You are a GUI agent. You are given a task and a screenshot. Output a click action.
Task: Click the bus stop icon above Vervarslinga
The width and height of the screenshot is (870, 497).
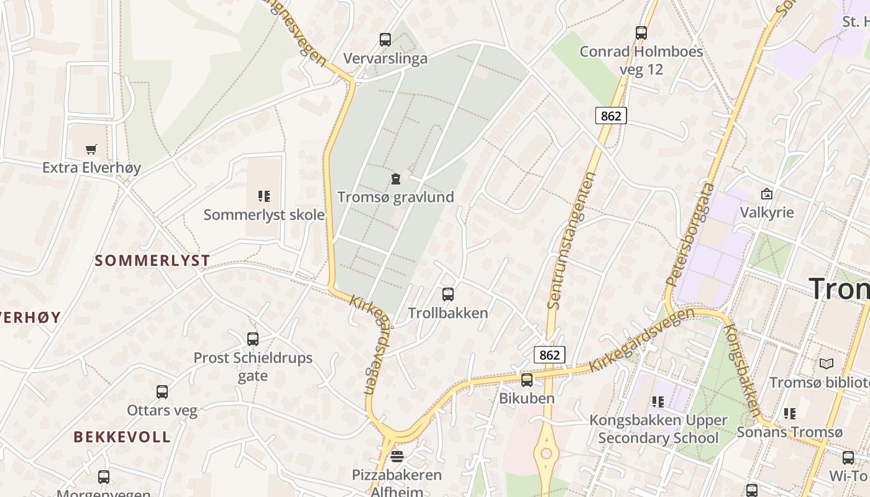click(x=385, y=40)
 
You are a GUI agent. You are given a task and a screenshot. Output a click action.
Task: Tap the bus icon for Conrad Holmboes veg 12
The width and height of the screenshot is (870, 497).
click(x=641, y=33)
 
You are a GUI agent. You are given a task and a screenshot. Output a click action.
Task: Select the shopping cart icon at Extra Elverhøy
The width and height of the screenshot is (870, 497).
click(x=91, y=149)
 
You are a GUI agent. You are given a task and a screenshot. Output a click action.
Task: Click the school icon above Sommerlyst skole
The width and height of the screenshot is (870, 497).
click(x=264, y=196)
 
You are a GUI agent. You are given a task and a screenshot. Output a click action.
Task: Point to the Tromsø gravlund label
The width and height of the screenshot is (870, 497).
click(x=395, y=197)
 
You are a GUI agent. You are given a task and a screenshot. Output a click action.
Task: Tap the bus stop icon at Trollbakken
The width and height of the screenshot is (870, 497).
click(x=448, y=294)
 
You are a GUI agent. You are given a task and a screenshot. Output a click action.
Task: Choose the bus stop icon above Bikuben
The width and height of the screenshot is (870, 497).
click(x=527, y=380)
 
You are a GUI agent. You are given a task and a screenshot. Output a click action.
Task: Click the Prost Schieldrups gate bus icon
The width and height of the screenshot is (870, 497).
click(x=253, y=339)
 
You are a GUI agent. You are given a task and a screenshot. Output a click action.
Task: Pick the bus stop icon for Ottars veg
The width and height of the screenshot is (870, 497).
click(x=162, y=392)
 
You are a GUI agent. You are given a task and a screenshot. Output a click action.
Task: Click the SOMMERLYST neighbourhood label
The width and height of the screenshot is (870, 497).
click(x=152, y=261)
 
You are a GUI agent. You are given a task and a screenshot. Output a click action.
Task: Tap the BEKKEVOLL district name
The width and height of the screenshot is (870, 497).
click(x=122, y=437)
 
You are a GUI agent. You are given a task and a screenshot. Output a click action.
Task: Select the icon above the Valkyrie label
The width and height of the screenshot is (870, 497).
click(x=767, y=194)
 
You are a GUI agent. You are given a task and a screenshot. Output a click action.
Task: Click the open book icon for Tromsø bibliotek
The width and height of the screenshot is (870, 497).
click(x=826, y=363)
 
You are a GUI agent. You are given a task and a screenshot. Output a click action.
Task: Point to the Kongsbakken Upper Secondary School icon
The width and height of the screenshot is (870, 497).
click(x=658, y=402)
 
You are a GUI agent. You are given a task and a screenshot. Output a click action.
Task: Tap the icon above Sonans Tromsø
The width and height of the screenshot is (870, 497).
click(x=790, y=413)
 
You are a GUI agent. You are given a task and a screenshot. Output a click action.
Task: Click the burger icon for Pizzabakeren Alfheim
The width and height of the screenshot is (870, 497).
click(x=397, y=457)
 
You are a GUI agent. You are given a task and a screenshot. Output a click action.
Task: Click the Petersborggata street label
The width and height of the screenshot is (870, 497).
click(x=690, y=234)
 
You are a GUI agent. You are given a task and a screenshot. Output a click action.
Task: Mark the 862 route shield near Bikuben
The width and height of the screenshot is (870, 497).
click(x=549, y=355)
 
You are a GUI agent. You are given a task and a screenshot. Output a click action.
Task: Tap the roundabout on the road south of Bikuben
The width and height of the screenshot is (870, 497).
click(x=547, y=454)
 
